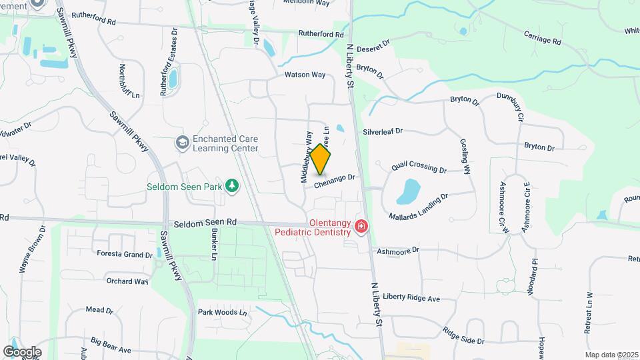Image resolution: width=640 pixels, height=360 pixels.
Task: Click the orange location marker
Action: (x=321, y=159)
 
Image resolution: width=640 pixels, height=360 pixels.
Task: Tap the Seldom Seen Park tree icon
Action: (x=231, y=185)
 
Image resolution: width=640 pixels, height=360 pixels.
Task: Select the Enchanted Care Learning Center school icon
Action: (x=182, y=143)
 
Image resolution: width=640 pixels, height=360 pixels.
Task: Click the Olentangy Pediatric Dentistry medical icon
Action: (x=361, y=227)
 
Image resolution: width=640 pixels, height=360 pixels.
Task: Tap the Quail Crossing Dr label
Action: (x=419, y=166)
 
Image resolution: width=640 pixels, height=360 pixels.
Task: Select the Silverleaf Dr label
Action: (x=382, y=131)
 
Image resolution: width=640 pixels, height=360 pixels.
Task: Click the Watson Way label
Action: (x=305, y=75)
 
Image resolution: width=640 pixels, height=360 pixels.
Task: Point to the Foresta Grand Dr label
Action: (x=125, y=255)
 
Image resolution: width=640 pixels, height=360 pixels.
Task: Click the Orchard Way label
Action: (x=127, y=281)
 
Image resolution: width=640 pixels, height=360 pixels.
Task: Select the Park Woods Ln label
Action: (x=223, y=312)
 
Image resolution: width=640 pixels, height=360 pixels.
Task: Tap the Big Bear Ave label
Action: (x=111, y=345)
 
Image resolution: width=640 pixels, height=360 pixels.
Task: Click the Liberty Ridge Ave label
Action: (x=414, y=298)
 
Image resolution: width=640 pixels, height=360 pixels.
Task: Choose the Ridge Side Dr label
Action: (x=463, y=336)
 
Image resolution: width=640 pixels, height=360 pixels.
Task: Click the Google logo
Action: (x=22, y=351)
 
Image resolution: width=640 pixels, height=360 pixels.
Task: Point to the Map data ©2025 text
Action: (x=612, y=355)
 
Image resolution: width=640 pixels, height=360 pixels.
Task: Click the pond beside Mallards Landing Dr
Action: (x=408, y=191)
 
